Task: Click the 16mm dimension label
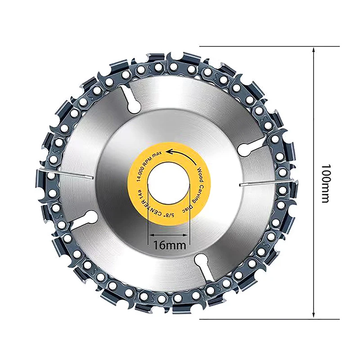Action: tap(169, 246)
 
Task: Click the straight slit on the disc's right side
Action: tap(265, 183)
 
